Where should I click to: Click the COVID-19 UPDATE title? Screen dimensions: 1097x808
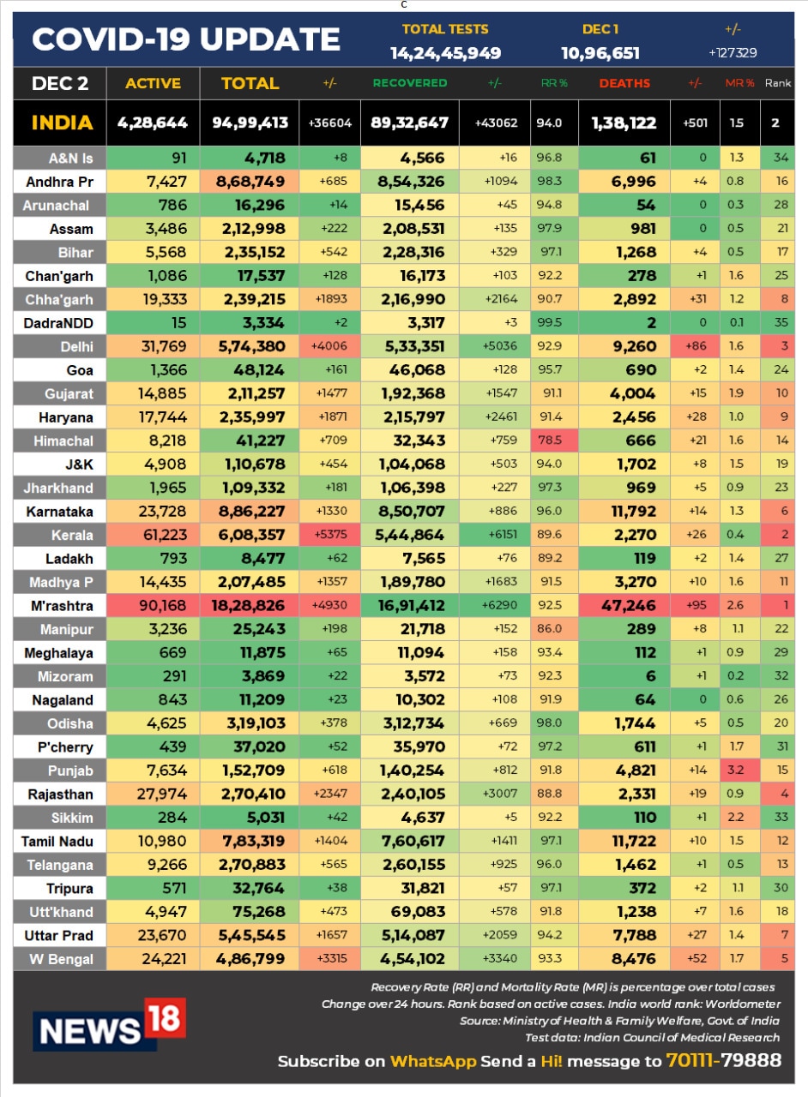point(186,39)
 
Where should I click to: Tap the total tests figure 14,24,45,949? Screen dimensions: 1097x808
point(445,53)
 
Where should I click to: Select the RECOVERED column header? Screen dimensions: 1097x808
point(409,83)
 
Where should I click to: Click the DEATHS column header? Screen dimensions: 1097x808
point(624,83)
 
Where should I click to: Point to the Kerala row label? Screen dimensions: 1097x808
point(58,535)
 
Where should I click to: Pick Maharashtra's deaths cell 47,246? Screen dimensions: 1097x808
point(624,606)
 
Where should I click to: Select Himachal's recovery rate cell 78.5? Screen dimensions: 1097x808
point(555,441)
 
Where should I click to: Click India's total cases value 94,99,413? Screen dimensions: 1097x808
point(250,123)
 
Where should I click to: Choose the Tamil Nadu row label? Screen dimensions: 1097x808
point(58,842)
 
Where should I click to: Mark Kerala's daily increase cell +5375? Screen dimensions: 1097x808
point(330,535)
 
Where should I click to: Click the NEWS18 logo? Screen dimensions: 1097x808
point(110,1024)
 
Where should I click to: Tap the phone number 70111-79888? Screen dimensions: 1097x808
point(723,1061)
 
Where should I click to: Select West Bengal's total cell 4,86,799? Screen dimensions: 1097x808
point(250,959)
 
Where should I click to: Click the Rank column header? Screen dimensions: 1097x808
point(777,83)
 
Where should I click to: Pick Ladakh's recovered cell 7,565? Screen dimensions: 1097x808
point(409,559)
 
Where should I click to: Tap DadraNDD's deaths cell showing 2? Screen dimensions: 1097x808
point(624,323)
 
